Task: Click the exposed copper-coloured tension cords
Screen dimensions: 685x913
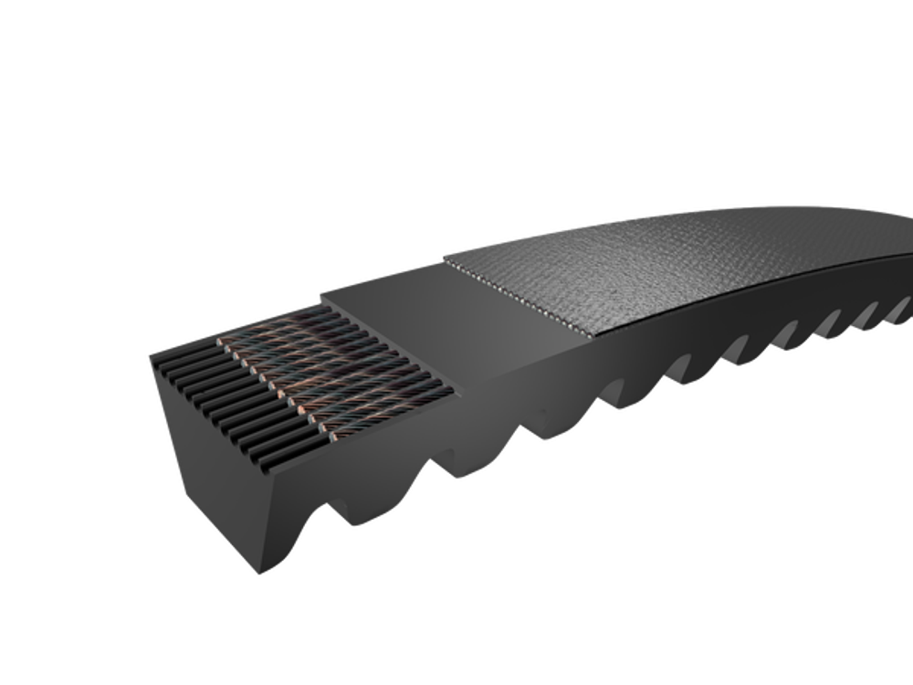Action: tap(338, 365)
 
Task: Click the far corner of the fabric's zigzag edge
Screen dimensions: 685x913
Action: tap(444, 255)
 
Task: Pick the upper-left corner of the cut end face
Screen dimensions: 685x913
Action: tap(149, 358)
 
